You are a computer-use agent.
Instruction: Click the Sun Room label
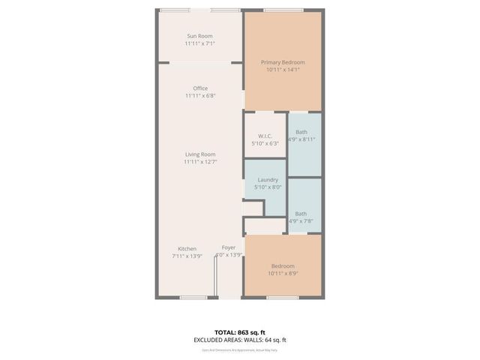click(199, 36)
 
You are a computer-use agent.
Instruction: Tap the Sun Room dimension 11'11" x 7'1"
click(199, 43)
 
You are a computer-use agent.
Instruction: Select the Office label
click(200, 88)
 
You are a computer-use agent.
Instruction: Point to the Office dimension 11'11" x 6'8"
click(200, 96)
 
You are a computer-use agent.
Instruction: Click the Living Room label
click(200, 154)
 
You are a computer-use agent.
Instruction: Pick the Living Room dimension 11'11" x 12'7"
click(200, 162)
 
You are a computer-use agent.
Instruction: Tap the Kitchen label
click(187, 249)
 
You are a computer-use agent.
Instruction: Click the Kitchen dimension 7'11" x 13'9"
click(187, 256)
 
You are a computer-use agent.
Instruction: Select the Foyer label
click(229, 247)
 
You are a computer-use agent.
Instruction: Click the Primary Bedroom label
click(283, 62)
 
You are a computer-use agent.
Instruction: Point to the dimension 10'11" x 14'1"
click(283, 70)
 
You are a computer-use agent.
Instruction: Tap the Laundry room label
click(268, 180)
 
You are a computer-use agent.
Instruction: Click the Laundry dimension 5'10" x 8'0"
click(268, 187)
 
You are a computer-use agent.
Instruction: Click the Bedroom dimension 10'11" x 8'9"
click(283, 274)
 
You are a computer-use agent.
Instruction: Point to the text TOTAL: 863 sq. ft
click(239, 331)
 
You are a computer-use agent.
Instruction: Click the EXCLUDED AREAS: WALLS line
click(239, 340)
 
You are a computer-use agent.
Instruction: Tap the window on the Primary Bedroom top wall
click(283, 10)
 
